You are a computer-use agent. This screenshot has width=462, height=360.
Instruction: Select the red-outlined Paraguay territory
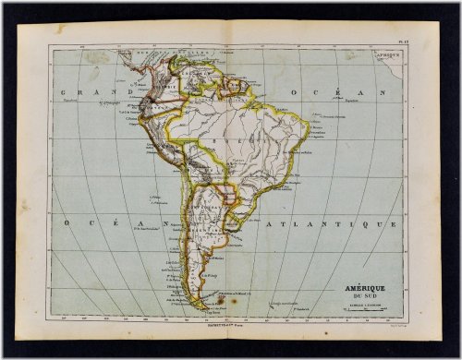coord(224,191)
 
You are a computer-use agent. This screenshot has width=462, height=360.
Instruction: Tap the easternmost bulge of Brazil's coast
coord(308,138)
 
